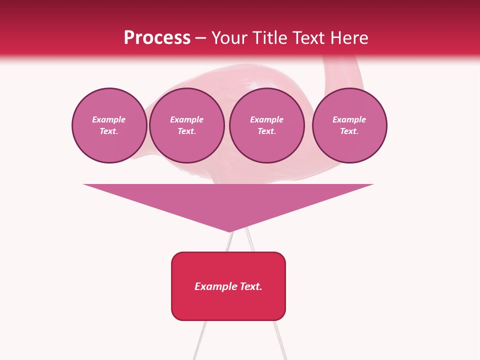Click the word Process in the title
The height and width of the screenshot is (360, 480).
[x=157, y=38]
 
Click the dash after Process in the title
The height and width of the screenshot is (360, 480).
[x=201, y=38]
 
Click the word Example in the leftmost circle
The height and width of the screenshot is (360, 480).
[x=109, y=119]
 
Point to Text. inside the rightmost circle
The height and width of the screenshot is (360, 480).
[x=349, y=131]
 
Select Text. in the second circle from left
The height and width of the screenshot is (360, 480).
[x=187, y=131]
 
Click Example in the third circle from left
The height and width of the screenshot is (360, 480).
[x=267, y=119]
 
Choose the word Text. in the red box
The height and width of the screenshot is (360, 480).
[x=251, y=286]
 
